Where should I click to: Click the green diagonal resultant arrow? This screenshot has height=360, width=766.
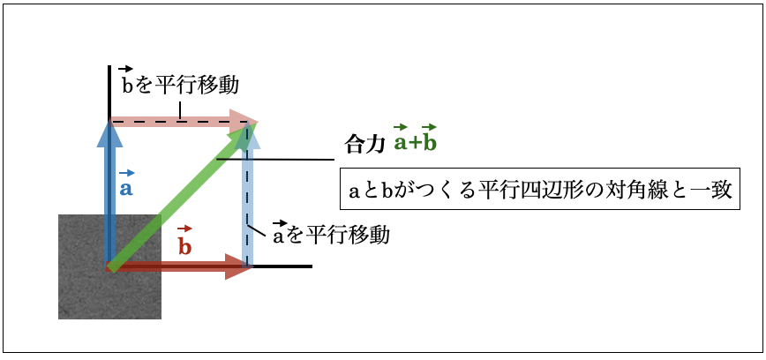coord(182,195)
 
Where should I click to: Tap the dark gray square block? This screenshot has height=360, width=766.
coord(110,266)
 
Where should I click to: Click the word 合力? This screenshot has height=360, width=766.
coord(363,146)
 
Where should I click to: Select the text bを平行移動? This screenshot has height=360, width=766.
coord(180,85)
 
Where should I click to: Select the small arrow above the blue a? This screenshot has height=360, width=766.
coord(127,172)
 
